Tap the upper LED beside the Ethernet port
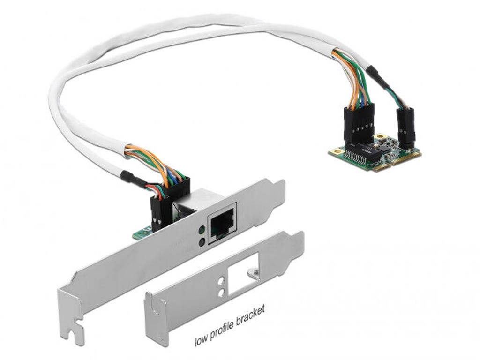pos(202,230)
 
